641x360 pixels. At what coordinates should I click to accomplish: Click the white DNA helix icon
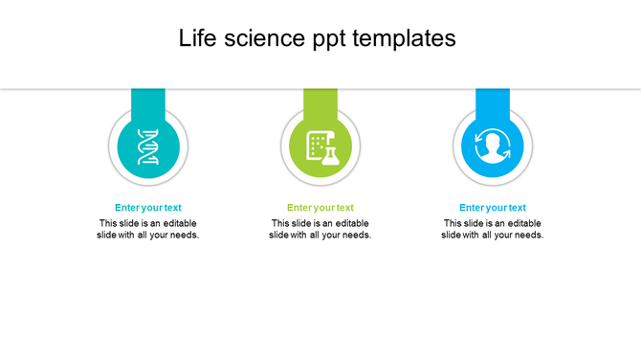(x=148, y=146)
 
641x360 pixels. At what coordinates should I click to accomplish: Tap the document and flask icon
(x=320, y=146)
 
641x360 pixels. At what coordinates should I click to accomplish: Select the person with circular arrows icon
(x=493, y=146)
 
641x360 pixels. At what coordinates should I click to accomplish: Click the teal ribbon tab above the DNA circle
(x=148, y=100)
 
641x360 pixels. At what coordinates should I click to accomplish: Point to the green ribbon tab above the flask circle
(x=320, y=100)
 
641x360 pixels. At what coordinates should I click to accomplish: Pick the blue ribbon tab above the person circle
(x=493, y=100)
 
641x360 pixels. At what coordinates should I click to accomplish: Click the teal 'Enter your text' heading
(x=148, y=208)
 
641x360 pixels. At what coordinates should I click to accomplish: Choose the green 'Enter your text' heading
(x=320, y=208)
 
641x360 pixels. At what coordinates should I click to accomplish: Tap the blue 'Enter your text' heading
(x=493, y=208)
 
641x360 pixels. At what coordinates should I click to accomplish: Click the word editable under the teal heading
(x=180, y=223)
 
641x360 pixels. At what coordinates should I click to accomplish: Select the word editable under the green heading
(x=352, y=223)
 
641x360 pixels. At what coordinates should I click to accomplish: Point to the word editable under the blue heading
(x=524, y=223)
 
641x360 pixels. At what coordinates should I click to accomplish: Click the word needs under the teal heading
(x=184, y=236)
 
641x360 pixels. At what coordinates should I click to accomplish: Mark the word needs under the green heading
(x=356, y=236)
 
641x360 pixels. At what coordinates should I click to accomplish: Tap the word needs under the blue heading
(x=528, y=236)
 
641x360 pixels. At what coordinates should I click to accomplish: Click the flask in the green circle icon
(x=330, y=153)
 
